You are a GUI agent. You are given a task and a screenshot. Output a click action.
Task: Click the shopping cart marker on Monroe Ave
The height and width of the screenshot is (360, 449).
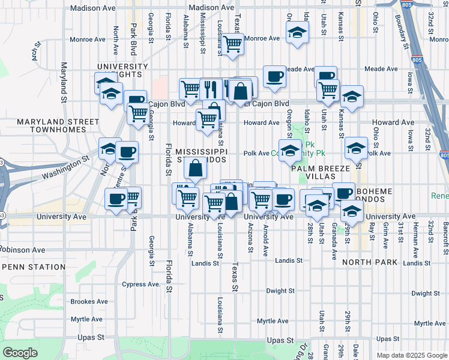[x=232, y=43]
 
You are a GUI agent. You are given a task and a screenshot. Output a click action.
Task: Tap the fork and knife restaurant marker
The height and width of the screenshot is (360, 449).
[x=210, y=88]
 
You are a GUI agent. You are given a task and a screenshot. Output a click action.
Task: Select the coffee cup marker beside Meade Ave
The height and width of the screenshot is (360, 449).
[x=274, y=76]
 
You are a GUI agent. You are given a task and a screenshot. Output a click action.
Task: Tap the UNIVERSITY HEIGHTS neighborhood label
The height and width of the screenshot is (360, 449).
[x=122, y=70]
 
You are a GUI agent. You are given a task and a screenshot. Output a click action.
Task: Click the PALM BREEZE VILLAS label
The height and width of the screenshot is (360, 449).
[x=324, y=173]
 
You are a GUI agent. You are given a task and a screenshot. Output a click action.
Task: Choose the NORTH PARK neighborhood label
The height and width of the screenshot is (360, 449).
[x=370, y=262]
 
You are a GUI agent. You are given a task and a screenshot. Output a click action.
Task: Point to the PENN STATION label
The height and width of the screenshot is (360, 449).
[x=29, y=266]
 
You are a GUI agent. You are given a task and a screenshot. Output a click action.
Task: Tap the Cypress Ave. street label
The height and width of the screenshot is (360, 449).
[x=141, y=284]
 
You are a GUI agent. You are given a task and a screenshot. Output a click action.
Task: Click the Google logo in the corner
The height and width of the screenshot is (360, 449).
[x=20, y=353]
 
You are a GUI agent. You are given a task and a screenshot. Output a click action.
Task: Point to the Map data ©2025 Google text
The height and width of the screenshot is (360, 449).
[x=412, y=355]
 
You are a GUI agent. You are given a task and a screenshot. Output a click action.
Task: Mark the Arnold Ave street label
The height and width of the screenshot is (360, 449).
[x=265, y=232]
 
